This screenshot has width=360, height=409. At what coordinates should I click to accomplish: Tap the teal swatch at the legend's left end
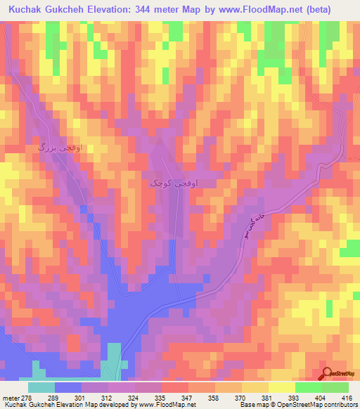(41, 387)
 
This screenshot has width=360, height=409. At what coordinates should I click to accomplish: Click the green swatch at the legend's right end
(335, 387)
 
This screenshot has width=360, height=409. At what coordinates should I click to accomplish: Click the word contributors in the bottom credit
(337, 405)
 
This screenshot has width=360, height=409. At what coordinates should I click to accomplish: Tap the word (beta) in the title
(339, 9)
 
